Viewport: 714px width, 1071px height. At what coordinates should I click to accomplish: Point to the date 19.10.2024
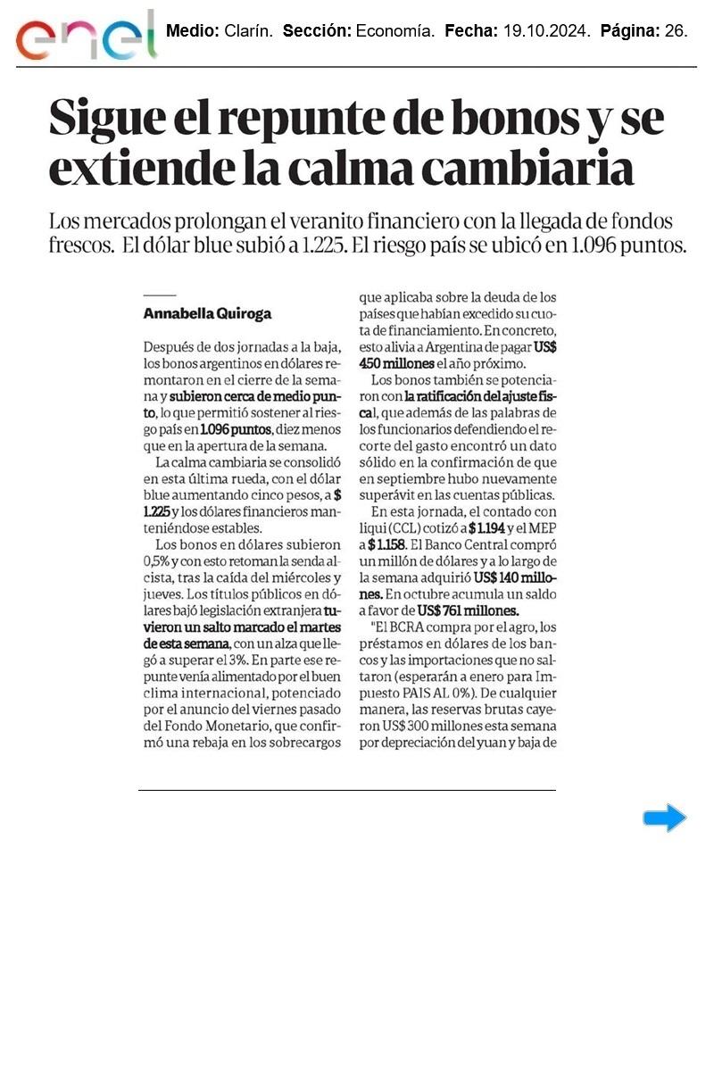click(546, 31)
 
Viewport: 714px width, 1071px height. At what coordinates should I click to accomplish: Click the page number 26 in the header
click(674, 31)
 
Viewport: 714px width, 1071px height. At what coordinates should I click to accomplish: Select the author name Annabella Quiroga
click(207, 314)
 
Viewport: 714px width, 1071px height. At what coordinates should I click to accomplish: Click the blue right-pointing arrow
click(664, 818)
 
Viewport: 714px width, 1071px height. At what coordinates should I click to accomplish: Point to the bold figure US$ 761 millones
click(473, 610)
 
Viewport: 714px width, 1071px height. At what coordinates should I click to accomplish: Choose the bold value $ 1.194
click(475, 527)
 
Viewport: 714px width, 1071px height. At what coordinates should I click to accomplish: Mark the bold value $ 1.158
click(386, 544)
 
